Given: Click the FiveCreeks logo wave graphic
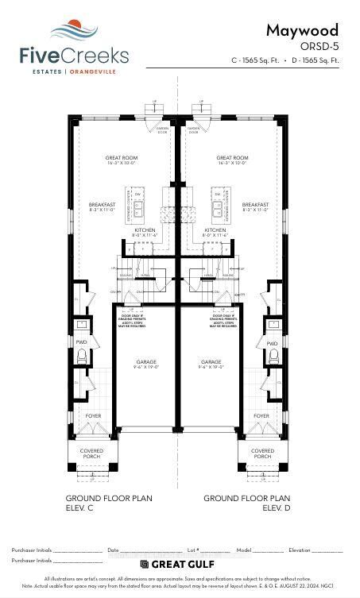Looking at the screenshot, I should tap(75, 31).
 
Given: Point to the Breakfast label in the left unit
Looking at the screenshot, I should tap(103, 206).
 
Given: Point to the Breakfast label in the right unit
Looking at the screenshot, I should tap(255, 206).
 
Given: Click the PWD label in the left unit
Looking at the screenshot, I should tap(81, 342).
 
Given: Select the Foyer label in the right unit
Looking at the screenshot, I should tap(261, 415).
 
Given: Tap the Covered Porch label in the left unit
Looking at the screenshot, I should tap(91, 453).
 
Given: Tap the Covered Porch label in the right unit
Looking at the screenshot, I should tap(262, 453).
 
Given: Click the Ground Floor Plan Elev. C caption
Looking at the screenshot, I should tap(109, 502).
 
